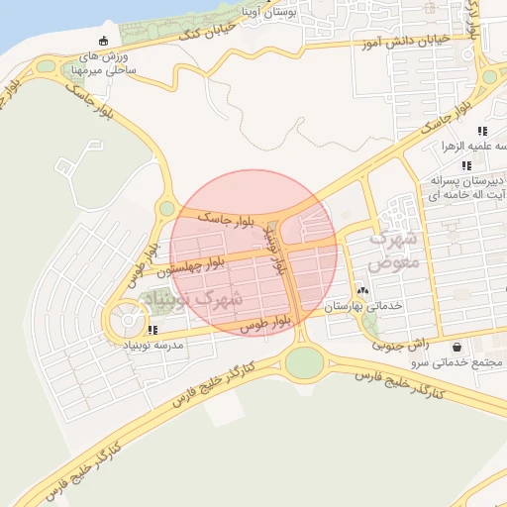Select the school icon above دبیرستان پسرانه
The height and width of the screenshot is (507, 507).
click(466, 165)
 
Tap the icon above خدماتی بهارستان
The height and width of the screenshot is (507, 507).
click(362, 291)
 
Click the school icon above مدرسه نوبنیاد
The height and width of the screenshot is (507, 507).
click(152, 329)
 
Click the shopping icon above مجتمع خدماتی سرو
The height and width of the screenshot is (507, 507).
click(456, 348)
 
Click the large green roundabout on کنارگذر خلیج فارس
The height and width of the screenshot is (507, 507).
click(304, 363)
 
